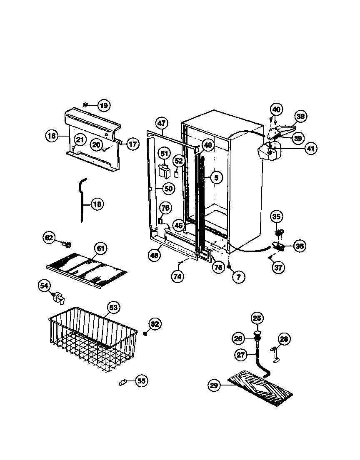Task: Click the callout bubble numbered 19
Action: pyautogui.click(x=103, y=105)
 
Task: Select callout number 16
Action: pyautogui.click(x=52, y=136)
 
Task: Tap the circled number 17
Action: pyautogui.click(x=132, y=144)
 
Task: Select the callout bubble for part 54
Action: pyautogui.click(x=45, y=286)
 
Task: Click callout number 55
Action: pyautogui.click(x=142, y=380)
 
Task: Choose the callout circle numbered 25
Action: pyautogui.click(x=257, y=318)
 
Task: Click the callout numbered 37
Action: pyautogui.click(x=279, y=267)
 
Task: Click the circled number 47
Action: pyautogui.click(x=162, y=123)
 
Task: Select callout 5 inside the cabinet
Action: pyautogui.click(x=216, y=178)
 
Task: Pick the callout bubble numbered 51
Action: pyautogui.click(x=165, y=154)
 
